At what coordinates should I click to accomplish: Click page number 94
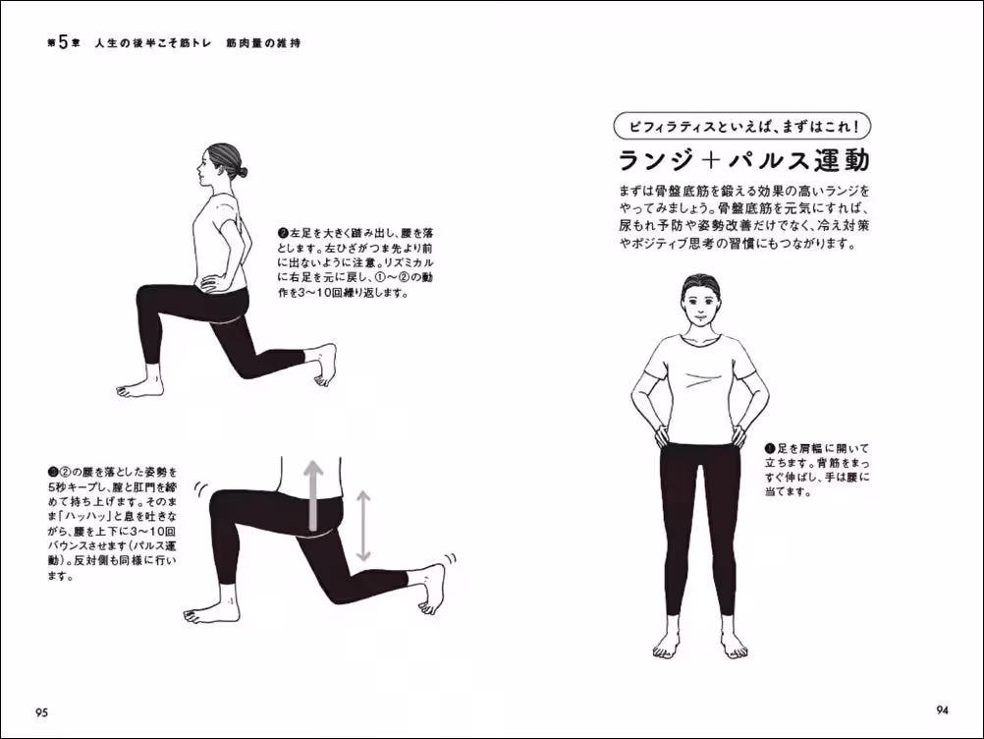941,710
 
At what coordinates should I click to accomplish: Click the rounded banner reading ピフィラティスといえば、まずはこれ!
742,127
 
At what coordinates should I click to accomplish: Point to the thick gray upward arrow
312,496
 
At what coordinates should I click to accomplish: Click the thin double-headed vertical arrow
363,526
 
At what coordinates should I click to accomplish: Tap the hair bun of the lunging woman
239,171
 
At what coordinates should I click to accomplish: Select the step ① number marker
769,446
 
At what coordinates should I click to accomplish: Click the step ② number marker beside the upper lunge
282,234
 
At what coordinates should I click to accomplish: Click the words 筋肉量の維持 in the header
262,44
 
